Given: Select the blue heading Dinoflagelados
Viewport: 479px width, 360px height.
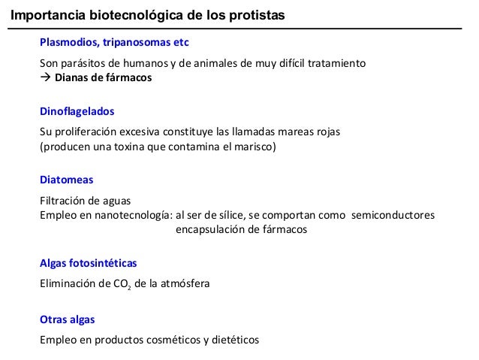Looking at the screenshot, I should point(77,111).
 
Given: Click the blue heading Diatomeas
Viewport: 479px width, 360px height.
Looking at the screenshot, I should point(66,180).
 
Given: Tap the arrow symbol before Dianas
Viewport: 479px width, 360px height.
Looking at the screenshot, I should point(44,78).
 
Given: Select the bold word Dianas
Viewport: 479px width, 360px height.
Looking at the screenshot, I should point(73,77).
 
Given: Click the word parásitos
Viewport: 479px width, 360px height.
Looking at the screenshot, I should point(82,63).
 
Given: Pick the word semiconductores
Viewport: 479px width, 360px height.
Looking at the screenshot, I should point(392,216).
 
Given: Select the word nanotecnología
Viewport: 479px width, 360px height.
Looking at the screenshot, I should point(130,216).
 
